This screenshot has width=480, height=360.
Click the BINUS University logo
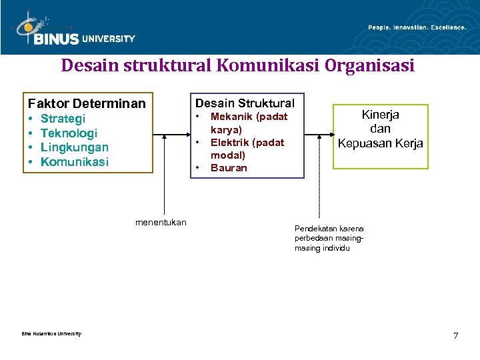click(73, 31)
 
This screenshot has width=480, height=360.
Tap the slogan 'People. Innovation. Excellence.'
click(417, 27)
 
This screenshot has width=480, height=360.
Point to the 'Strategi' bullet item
click(63, 119)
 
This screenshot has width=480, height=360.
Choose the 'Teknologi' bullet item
click(69, 133)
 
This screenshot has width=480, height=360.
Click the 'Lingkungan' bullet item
click(74, 147)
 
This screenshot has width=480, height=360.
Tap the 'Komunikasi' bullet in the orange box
click(74, 162)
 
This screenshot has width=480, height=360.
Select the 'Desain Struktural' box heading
click(244, 103)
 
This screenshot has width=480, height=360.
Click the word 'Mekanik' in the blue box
click(231, 117)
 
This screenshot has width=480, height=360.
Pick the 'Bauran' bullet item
click(229, 167)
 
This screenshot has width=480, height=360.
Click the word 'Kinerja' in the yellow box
click(380, 114)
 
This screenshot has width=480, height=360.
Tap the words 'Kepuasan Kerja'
click(380, 143)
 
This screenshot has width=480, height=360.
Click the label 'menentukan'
click(161, 222)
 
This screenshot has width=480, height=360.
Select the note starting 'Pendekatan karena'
click(329, 238)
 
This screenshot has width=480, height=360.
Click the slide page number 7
click(456, 335)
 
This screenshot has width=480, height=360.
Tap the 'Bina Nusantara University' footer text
click(51, 333)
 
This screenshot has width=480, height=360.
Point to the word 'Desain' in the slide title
click(86, 67)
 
